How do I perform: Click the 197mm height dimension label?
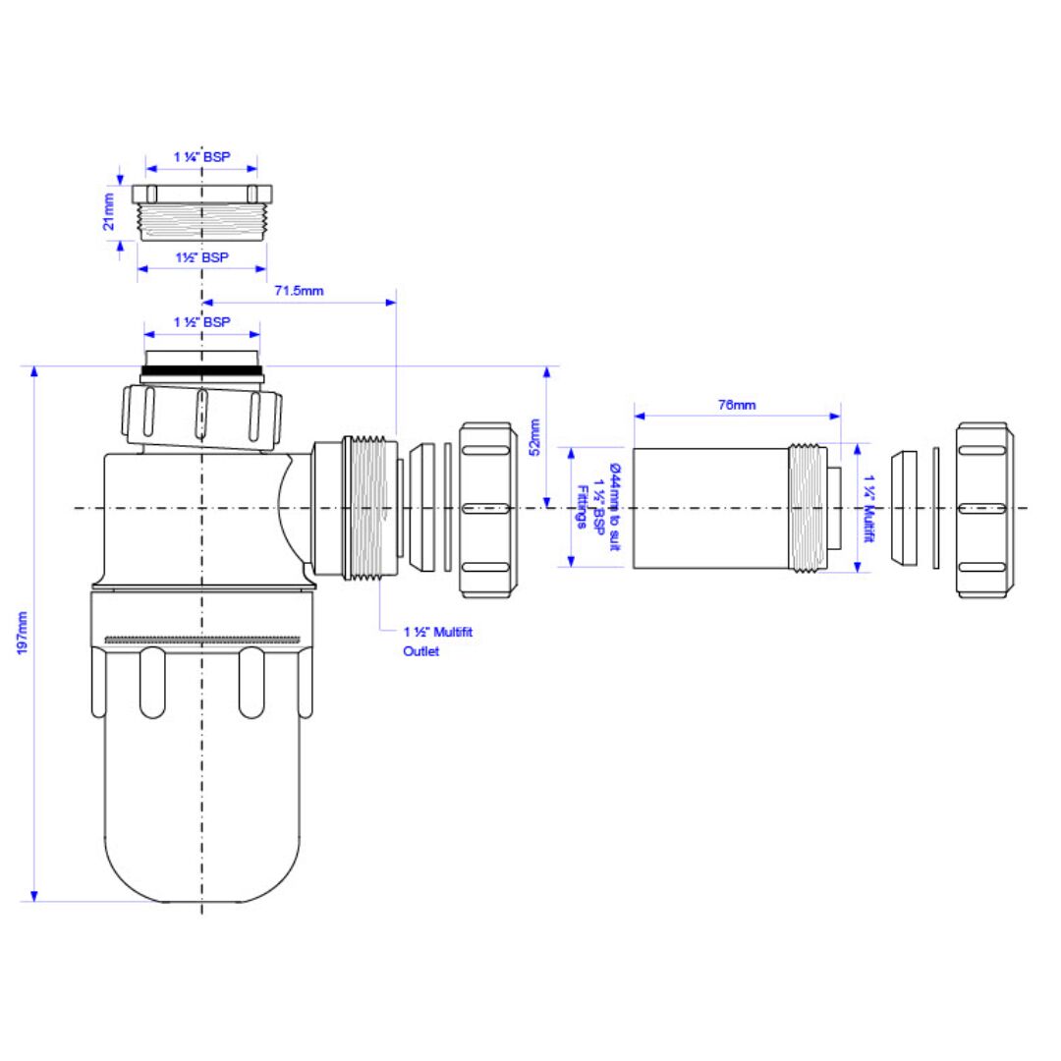(x=23, y=633)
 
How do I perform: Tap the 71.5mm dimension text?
(x=299, y=291)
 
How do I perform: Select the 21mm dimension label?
(x=108, y=212)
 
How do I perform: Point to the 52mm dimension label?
(x=534, y=437)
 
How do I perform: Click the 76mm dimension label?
(x=737, y=405)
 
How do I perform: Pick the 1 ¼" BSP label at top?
(x=201, y=157)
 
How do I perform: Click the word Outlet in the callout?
(x=420, y=651)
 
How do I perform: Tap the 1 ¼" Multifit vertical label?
(x=868, y=509)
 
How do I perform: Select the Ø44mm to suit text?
(x=614, y=507)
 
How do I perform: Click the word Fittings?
(x=581, y=507)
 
